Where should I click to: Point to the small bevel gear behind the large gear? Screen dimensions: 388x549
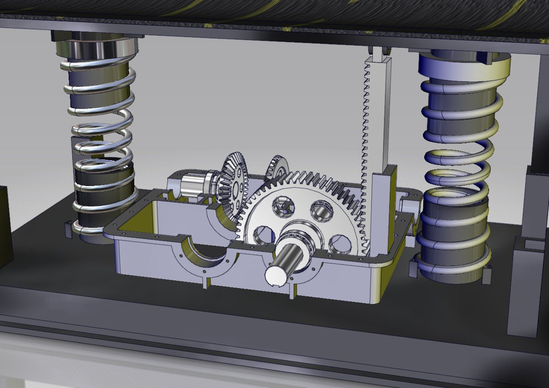click(x=278, y=167)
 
